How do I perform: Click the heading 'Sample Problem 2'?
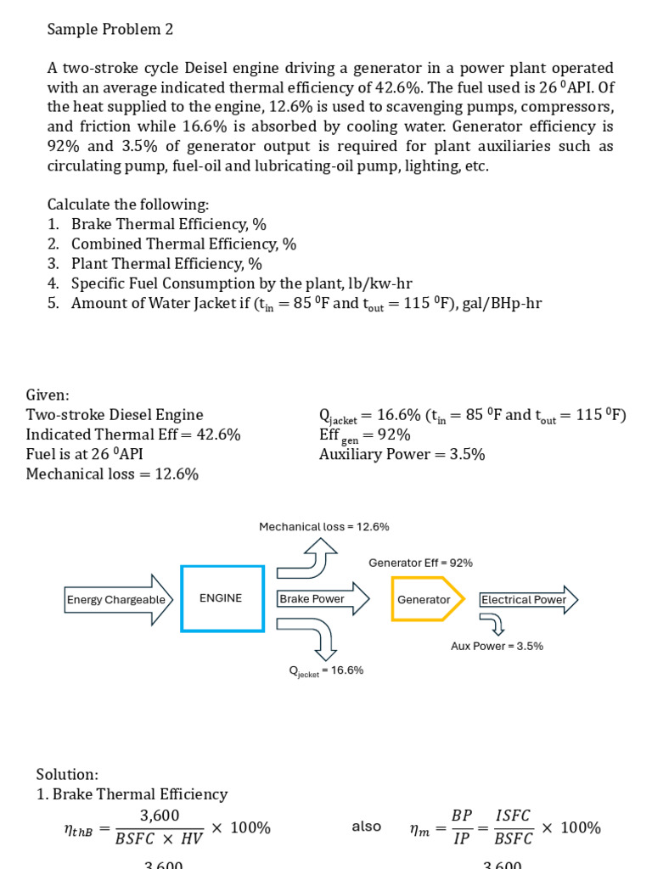tap(110, 30)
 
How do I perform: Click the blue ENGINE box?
tap(222, 598)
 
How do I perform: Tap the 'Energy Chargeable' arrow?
tap(119, 600)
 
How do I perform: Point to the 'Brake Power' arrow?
tap(323, 599)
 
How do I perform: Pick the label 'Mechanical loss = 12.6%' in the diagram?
tap(323, 527)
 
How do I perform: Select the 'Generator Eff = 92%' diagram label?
tap(420, 563)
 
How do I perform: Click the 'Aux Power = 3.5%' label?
tap(497, 646)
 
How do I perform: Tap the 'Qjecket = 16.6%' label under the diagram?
tap(326, 670)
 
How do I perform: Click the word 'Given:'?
tap(48, 395)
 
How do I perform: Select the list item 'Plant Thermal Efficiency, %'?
tap(166, 264)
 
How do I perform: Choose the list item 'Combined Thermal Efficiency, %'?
tap(183, 244)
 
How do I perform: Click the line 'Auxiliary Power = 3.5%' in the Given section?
tap(402, 454)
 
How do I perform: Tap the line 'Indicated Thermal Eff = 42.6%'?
tap(133, 434)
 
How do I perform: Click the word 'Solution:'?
tap(67, 774)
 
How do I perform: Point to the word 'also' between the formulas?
tap(366, 827)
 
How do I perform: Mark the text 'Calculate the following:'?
tap(127, 205)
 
